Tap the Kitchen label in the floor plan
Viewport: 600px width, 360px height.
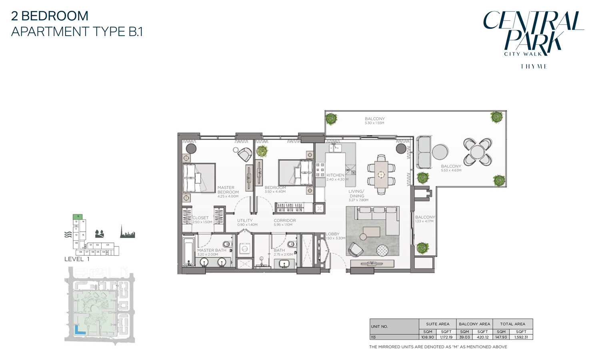[335, 175]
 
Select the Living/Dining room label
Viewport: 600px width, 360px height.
[356, 194]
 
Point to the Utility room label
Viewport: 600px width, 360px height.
[245, 220]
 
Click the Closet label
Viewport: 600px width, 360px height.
[200, 218]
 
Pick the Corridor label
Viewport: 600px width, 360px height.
[285, 220]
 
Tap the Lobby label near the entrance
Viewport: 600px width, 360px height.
[332, 234]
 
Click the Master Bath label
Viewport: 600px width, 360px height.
[212, 250]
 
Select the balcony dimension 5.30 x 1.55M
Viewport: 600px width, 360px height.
[374, 123]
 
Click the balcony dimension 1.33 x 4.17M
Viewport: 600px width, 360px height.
[424, 222]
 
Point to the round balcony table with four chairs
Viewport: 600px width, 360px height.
[477, 152]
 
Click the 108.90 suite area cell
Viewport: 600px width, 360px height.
[428, 337]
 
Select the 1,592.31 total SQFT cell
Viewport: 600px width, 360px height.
[521, 337]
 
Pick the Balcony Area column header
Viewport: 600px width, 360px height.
[474, 324]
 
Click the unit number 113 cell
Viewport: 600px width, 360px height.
[374, 337]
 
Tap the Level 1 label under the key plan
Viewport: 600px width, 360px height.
[77, 259]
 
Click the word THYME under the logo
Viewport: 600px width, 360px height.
[534, 66]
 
